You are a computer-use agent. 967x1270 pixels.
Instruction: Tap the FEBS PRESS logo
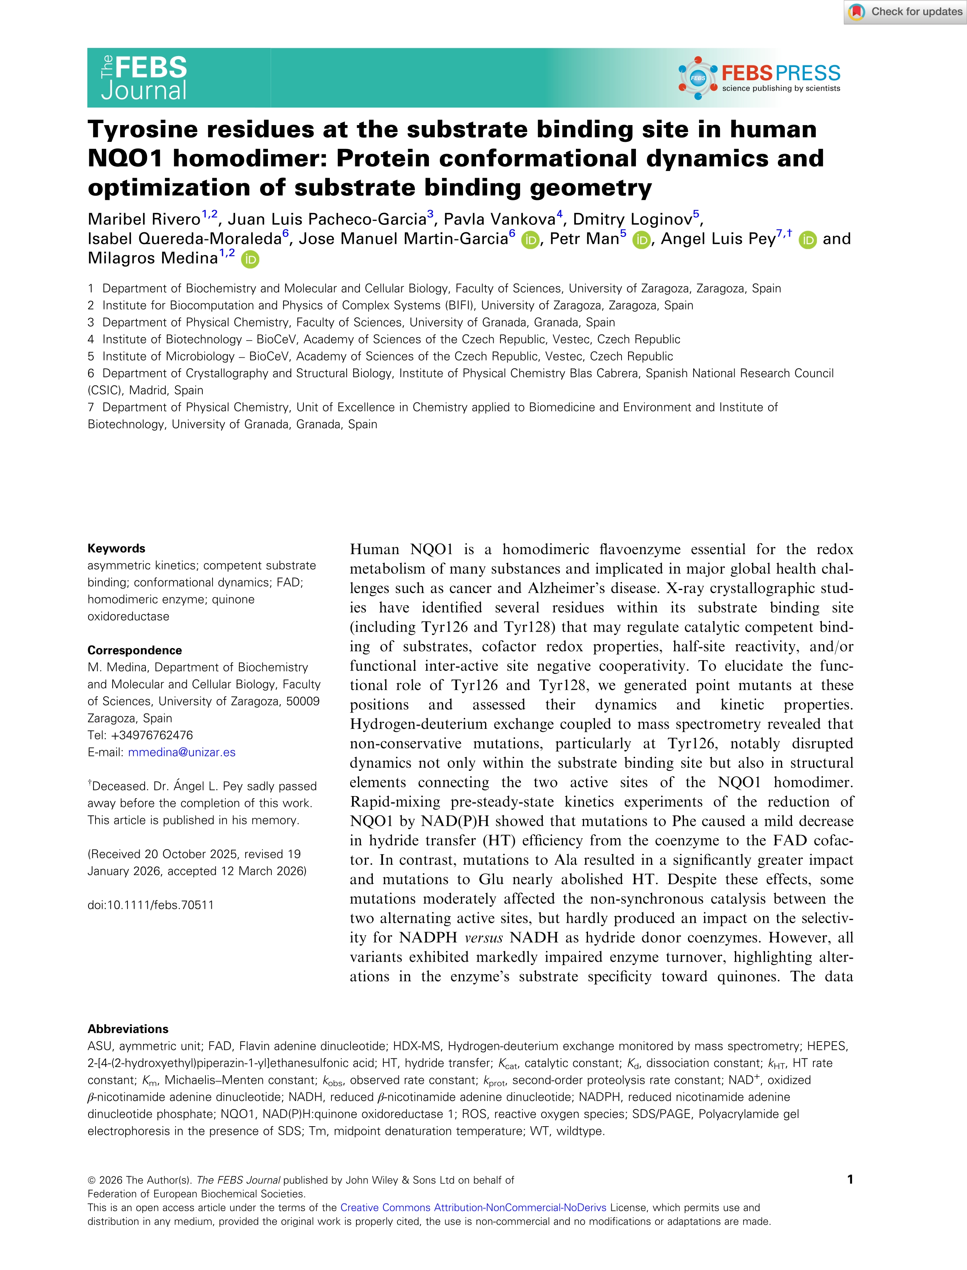pyautogui.click(x=760, y=78)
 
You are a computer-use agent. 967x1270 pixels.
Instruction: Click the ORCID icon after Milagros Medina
pyautogui.click(x=250, y=260)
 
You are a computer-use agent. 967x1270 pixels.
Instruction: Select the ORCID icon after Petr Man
pyautogui.click(x=641, y=240)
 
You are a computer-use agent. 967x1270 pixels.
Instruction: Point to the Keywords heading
pyautogui.click(x=116, y=548)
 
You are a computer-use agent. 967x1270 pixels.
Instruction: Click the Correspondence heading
pyautogui.click(x=135, y=650)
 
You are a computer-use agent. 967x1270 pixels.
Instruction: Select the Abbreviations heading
pyautogui.click(x=128, y=1028)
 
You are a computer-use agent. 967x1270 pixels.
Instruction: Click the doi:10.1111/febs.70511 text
pyautogui.click(x=151, y=905)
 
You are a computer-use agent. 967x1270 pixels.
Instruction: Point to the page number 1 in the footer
pyautogui.click(x=850, y=1179)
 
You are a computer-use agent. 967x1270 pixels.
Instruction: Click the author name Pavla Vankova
pyautogui.click(x=499, y=219)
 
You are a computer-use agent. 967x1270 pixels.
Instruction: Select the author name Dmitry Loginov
pyautogui.click(x=632, y=219)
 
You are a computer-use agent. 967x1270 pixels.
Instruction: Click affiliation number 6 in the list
pyautogui.click(x=91, y=373)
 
